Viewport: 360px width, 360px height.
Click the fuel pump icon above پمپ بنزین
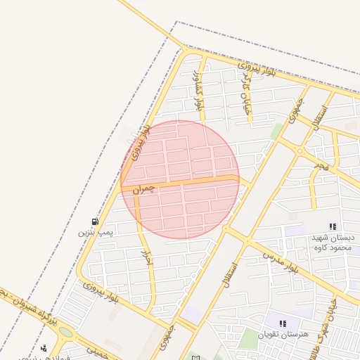pos(95,221)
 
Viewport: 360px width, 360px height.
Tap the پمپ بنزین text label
pos(95,231)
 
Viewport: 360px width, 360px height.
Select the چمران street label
pos(141,189)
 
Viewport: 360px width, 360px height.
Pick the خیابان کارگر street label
pos(246,91)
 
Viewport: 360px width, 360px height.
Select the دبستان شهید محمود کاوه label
pos(332,243)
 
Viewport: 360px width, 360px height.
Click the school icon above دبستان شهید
pos(333,226)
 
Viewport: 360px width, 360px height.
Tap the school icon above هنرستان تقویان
pos(283,323)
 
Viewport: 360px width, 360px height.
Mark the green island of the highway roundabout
pos(65,332)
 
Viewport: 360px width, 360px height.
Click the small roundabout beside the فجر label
pos(300,150)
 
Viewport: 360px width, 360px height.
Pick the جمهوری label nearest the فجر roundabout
pos(292,112)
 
